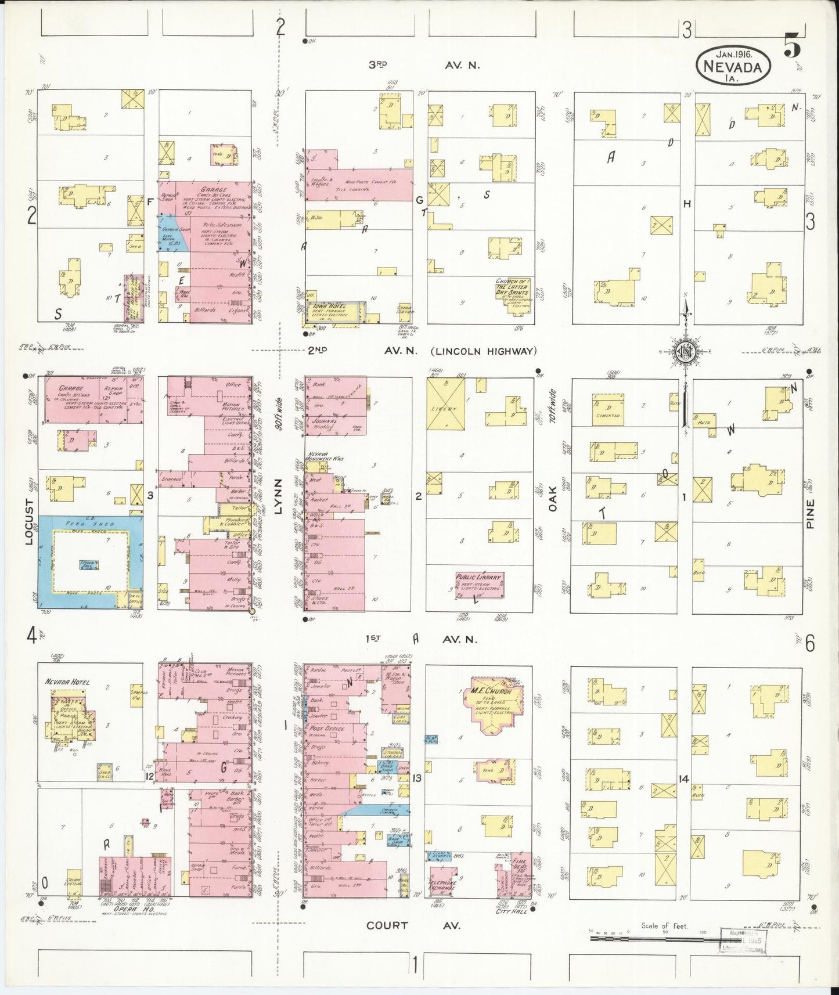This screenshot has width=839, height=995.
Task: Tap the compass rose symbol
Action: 686,351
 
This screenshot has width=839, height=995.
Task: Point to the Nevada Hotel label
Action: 67,682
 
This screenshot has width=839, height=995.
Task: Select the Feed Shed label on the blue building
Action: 90,524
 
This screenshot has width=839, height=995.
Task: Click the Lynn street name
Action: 278,496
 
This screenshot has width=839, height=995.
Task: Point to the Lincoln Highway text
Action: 483,351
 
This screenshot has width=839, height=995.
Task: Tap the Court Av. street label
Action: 413,925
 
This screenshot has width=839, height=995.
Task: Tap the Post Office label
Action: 328,728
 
